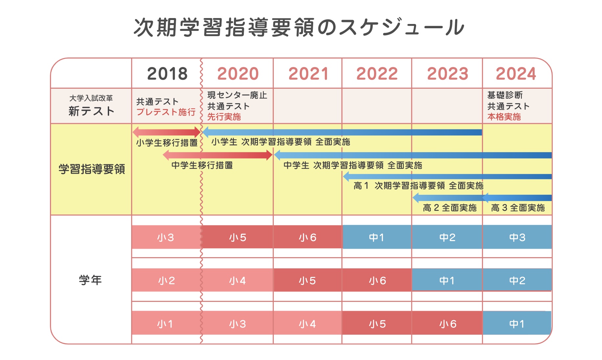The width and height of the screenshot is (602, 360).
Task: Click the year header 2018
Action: tap(167, 74)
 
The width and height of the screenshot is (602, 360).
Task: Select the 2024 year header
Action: tap(516, 74)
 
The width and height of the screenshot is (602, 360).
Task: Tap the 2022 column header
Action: tap(377, 74)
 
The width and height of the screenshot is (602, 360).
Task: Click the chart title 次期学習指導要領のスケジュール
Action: tap(299, 27)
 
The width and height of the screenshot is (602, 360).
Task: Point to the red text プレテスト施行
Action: tap(166, 112)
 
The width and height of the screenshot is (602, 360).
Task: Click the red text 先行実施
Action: tap(224, 117)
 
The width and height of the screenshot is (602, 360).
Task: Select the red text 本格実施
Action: tap(504, 117)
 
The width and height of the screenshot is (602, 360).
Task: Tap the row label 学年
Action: tap(90, 280)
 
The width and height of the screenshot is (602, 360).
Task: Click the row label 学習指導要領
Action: tap(92, 169)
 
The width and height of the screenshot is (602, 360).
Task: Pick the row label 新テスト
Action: tap(91, 111)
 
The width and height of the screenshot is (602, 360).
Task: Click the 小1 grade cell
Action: tap(165, 324)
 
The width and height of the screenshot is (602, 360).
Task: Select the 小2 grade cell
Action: tap(166, 281)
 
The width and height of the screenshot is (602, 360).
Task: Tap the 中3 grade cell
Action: tap(517, 237)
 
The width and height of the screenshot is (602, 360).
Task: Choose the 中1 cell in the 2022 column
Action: tap(377, 237)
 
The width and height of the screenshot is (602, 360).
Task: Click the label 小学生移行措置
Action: tap(167, 143)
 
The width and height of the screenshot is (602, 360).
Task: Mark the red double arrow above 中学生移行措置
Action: tap(218, 155)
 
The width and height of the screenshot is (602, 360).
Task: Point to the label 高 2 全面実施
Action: tap(449, 208)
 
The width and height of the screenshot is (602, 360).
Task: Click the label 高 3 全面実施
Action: tap(518, 208)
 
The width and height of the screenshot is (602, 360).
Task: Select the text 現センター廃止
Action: tap(237, 95)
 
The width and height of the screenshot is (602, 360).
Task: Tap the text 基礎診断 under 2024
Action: tap(505, 95)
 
